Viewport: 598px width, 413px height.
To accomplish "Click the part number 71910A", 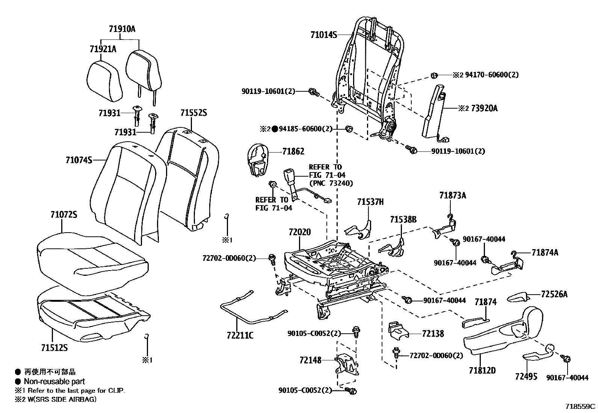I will pos(122,29).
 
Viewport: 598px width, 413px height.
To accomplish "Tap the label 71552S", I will pos(193,113).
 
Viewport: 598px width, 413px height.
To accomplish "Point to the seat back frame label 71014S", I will pos(323,35).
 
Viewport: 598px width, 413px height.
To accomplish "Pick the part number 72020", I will pos(300,232).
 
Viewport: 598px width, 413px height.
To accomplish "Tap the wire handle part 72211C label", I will pos(240,335).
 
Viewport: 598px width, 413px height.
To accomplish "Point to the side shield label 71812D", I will pos(482,371).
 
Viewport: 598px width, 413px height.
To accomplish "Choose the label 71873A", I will pos(453,195).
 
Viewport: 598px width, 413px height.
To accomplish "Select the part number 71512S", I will pos(54,348).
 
